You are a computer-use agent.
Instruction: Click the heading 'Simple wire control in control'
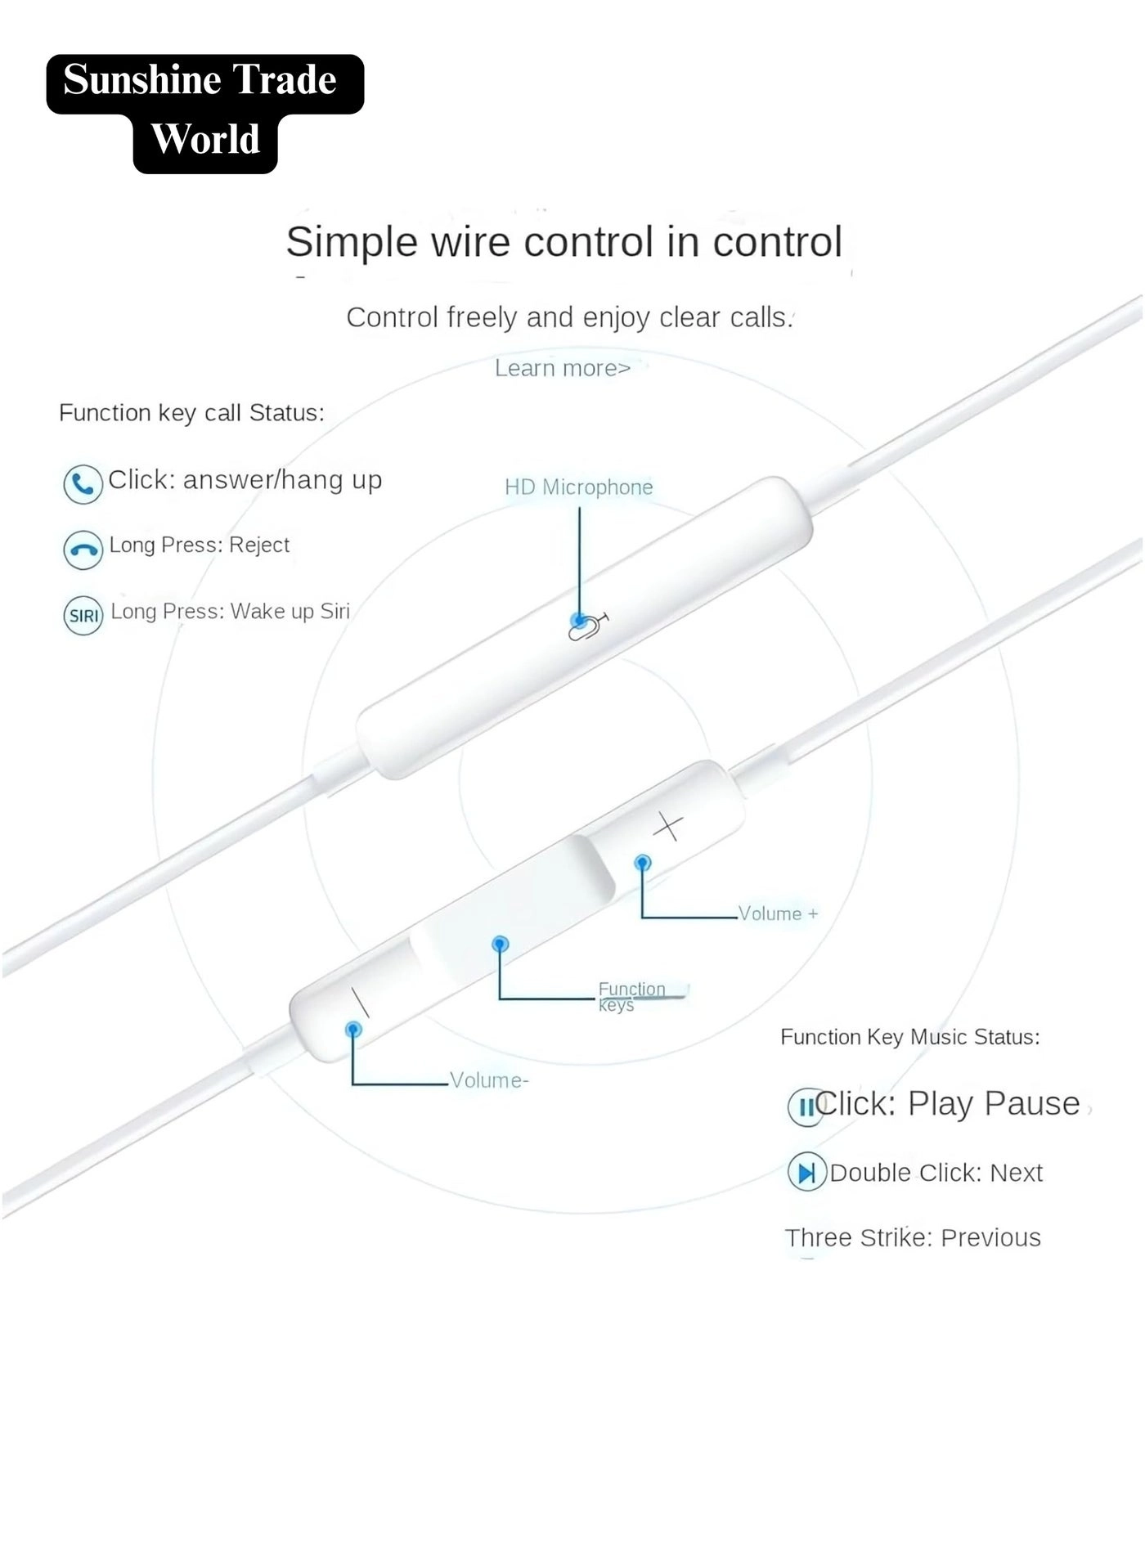564,243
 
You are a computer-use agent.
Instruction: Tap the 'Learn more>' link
563,369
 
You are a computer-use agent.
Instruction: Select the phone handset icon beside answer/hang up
83,483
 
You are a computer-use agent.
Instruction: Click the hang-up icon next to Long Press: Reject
83,550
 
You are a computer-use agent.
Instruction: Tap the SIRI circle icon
83,616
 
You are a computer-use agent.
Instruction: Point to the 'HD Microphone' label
578,487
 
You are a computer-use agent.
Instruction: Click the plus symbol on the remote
668,827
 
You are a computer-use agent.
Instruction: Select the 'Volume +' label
778,914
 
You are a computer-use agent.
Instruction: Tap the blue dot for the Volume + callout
643,863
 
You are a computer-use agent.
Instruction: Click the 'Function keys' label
631,997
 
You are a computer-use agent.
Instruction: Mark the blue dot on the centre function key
501,945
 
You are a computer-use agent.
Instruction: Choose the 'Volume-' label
489,1081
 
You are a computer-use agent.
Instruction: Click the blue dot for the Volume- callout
353,1029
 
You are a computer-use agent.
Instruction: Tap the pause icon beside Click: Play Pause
806,1107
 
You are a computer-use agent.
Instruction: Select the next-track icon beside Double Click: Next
806,1174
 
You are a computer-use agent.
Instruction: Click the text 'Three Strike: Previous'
913,1238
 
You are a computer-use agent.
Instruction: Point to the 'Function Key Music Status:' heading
909,1038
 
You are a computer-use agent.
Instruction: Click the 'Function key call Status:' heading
191,414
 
